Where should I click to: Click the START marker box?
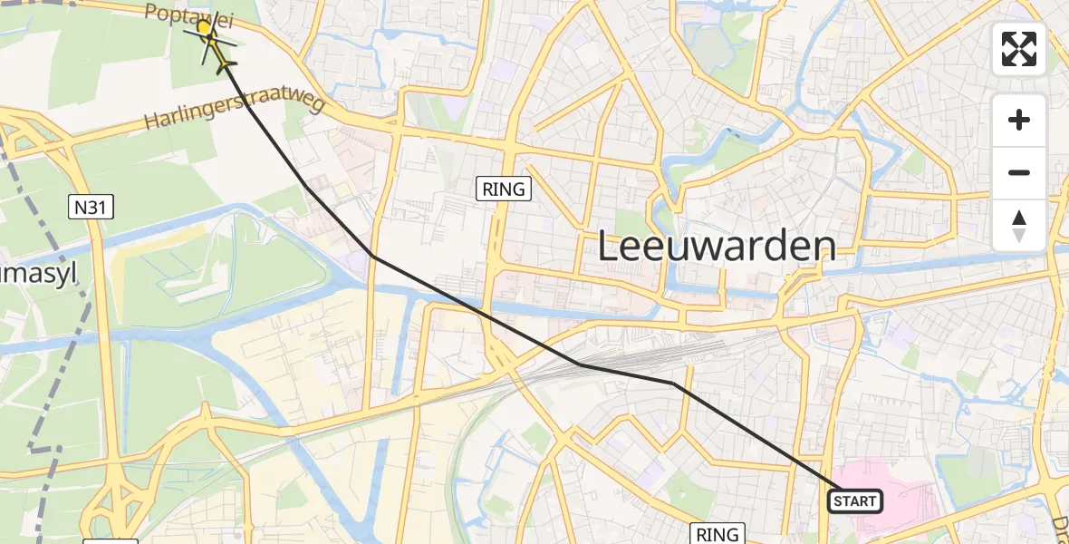854,500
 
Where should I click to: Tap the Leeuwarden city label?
716,246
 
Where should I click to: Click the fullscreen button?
1019,49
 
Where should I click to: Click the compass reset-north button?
1019,226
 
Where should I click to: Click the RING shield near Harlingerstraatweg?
504,189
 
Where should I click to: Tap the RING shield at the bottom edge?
717,534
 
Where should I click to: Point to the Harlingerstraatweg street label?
233,113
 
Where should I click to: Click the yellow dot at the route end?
204,28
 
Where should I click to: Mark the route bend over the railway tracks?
579,364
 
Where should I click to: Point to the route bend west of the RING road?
372,257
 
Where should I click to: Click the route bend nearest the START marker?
673,384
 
